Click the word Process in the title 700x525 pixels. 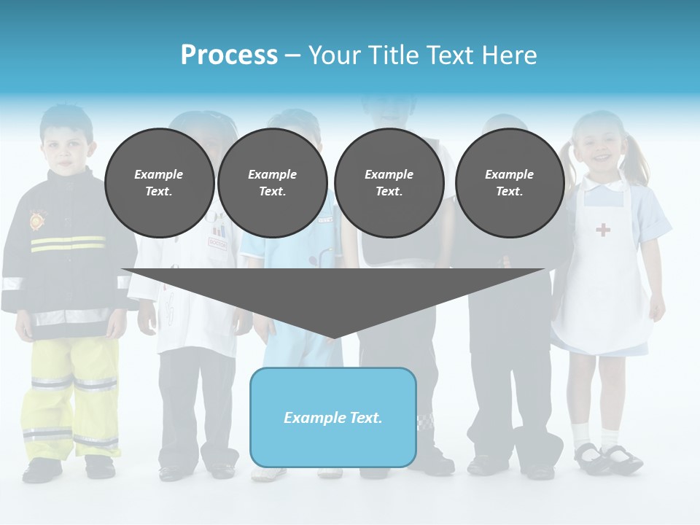point(229,55)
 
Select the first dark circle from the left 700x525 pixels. point(159,182)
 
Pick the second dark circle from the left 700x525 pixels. point(272,182)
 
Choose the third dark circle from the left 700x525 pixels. point(389,182)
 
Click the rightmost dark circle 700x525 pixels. point(509,182)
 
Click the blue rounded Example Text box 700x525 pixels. point(332,417)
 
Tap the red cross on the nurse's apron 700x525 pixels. point(603,230)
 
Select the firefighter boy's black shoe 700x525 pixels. point(42,470)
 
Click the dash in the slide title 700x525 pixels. point(292,55)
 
